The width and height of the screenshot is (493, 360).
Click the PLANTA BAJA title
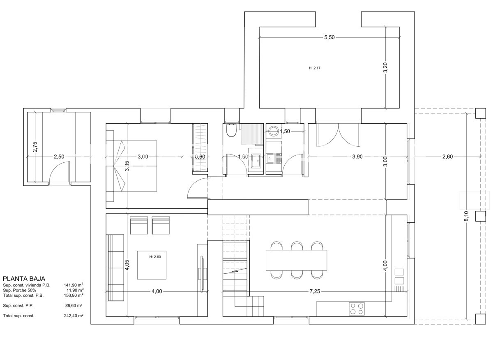[x=24, y=279]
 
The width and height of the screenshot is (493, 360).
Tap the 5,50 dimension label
[x=329, y=37]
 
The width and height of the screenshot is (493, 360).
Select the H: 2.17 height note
[x=315, y=68]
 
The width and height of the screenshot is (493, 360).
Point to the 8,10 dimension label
[x=466, y=216]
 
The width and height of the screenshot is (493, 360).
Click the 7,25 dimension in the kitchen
[x=315, y=291]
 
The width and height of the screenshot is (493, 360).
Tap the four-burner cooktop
[x=357, y=309]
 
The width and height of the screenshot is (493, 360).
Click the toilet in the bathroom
[x=231, y=130]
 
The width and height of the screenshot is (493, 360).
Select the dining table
[x=296, y=260]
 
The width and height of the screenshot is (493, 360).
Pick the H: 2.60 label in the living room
[x=155, y=257]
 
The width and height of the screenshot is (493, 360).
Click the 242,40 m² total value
[x=74, y=316]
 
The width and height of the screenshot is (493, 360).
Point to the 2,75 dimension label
[x=35, y=147]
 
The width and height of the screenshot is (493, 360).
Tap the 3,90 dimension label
[x=357, y=157]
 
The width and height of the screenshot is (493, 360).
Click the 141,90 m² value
[x=74, y=285]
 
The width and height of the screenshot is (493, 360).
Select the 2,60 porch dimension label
[x=447, y=157]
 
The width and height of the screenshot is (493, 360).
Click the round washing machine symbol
[x=274, y=131]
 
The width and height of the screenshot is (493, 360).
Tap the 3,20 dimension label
[x=385, y=67]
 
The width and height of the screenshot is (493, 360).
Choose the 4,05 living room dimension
[x=127, y=265]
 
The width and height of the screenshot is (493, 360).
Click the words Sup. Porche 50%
[x=19, y=290]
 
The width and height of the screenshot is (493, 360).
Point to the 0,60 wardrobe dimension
[x=200, y=157]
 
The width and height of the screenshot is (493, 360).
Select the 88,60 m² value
[x=74, y=306]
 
